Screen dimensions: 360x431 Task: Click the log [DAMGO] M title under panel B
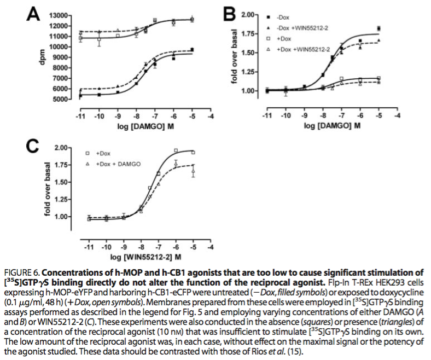click(332, 126)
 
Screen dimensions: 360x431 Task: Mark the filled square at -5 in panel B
click(379, 28)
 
